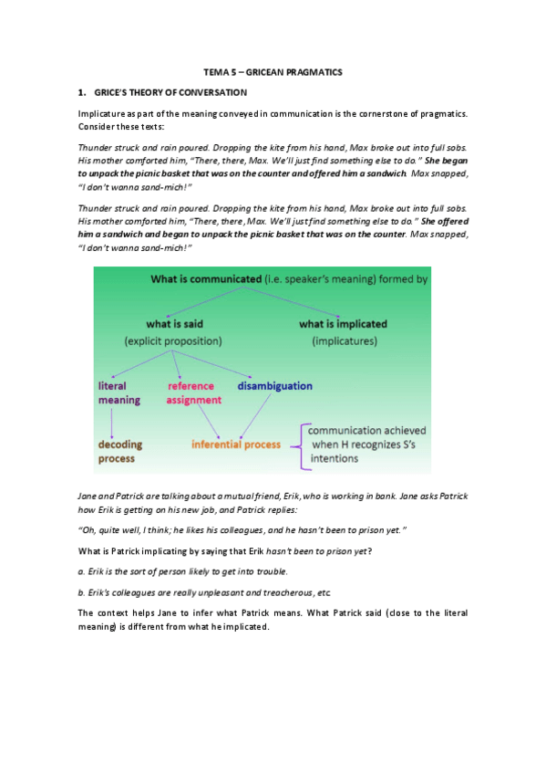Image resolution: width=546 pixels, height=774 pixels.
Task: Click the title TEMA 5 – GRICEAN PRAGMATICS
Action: [x=273, y=71]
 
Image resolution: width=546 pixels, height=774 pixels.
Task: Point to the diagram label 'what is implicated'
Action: [x=343, y=323]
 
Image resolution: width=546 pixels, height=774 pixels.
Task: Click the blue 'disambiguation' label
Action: [x=274, y=385]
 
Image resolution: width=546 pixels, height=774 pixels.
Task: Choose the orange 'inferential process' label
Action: [x=236, y=445]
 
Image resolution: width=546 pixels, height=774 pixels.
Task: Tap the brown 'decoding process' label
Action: [x=120, y=451]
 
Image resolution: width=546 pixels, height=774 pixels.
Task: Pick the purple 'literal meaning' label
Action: [x=118, y=392]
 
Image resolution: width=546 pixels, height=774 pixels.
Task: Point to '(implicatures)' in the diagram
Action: [x=343, y=340]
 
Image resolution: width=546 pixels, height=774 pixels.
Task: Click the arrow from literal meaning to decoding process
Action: [x=111, y=421]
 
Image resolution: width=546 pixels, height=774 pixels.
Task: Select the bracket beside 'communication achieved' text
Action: [x=302, y=445]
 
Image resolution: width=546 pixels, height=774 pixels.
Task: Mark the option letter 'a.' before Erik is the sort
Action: [x=81, y=570]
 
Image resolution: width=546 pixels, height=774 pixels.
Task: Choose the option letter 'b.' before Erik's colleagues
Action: [x=81, y=591]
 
